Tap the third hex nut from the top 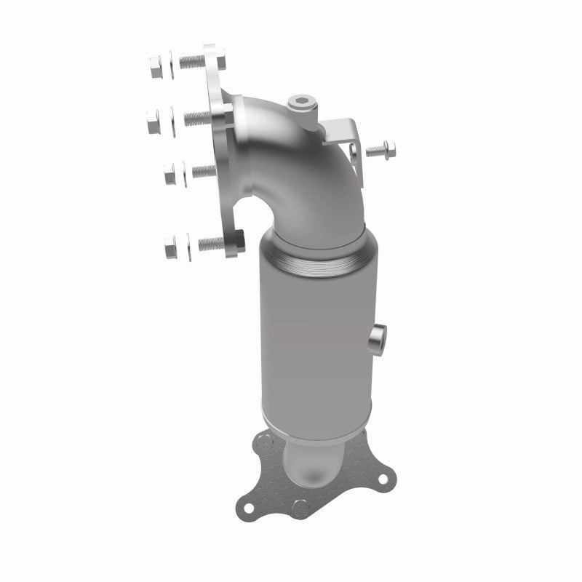(170, 175)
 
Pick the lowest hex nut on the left (171, 247)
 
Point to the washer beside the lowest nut (186, 246)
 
